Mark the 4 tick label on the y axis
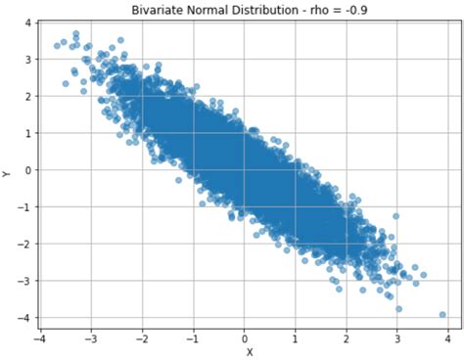click(24, 22)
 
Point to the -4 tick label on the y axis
click(22, 318)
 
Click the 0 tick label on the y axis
click(24, 169)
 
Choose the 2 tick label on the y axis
click(24, 96)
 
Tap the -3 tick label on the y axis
click(22, 281)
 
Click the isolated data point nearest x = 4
click(442, 315)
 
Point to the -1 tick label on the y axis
click(22, 206)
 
